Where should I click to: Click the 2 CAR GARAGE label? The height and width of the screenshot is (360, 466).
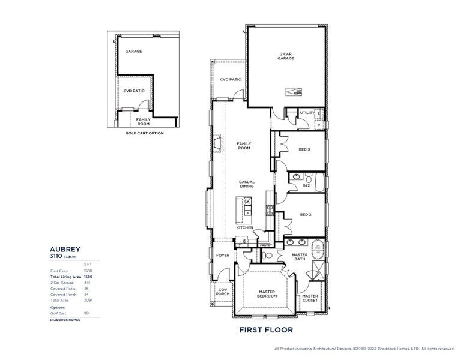[x=286, y=56]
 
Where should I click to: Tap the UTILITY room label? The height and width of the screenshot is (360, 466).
[x=307, y=112]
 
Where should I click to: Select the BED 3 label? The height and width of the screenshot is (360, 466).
[x=304, y=149]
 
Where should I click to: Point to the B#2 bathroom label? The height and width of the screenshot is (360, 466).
[x=306, y=185]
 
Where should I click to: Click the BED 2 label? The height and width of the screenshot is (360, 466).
[x=304, y=214]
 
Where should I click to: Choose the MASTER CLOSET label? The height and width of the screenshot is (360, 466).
[x=310, y=298]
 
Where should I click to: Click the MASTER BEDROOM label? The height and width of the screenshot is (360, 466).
[x=267, y=293]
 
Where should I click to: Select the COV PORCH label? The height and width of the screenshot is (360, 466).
[x=223, y=292]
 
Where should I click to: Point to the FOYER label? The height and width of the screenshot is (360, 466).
[x=222, y=256]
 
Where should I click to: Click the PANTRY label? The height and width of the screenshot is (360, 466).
[x=266, y=245]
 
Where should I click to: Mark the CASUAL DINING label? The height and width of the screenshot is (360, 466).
[x=247, y=184]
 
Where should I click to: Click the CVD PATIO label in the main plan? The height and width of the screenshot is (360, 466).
[x=231, y=79]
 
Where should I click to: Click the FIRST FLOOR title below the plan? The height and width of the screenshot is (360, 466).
[x=266, y=330]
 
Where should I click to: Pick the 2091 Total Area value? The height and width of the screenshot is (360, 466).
[x=88, y=300]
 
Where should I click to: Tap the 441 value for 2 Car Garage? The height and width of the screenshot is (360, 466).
[x=86, y=283]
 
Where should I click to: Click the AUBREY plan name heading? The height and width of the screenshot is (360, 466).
[x=65, y=248]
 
